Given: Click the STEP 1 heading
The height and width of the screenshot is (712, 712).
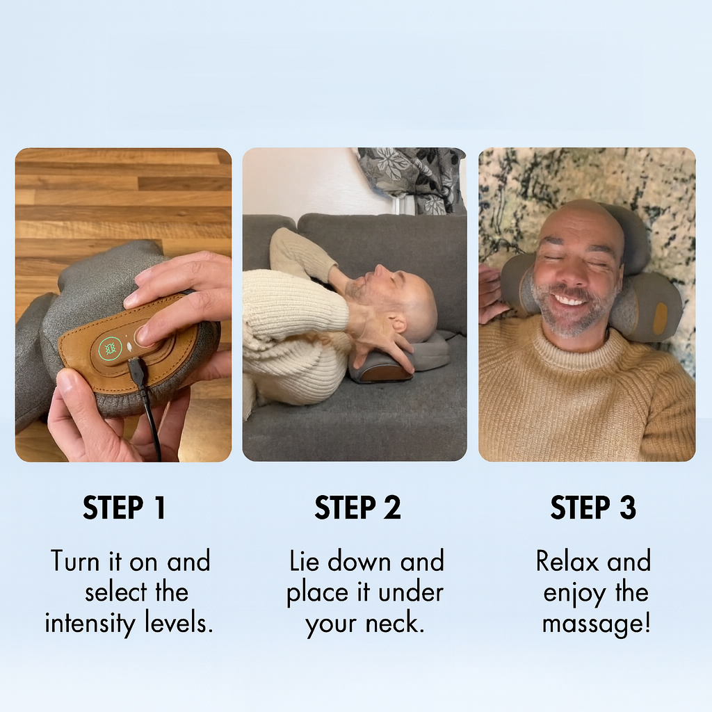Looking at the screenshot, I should pos(124,508).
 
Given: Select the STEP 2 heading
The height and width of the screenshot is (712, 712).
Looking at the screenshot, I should pos(357,508).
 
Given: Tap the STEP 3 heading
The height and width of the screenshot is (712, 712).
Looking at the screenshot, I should pos(593,508).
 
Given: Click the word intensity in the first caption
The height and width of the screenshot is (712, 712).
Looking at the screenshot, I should pos(90,622).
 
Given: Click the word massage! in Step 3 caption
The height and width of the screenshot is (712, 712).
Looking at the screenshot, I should pos(596,622).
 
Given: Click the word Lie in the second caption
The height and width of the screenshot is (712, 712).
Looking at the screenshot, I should pos(305,561).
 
